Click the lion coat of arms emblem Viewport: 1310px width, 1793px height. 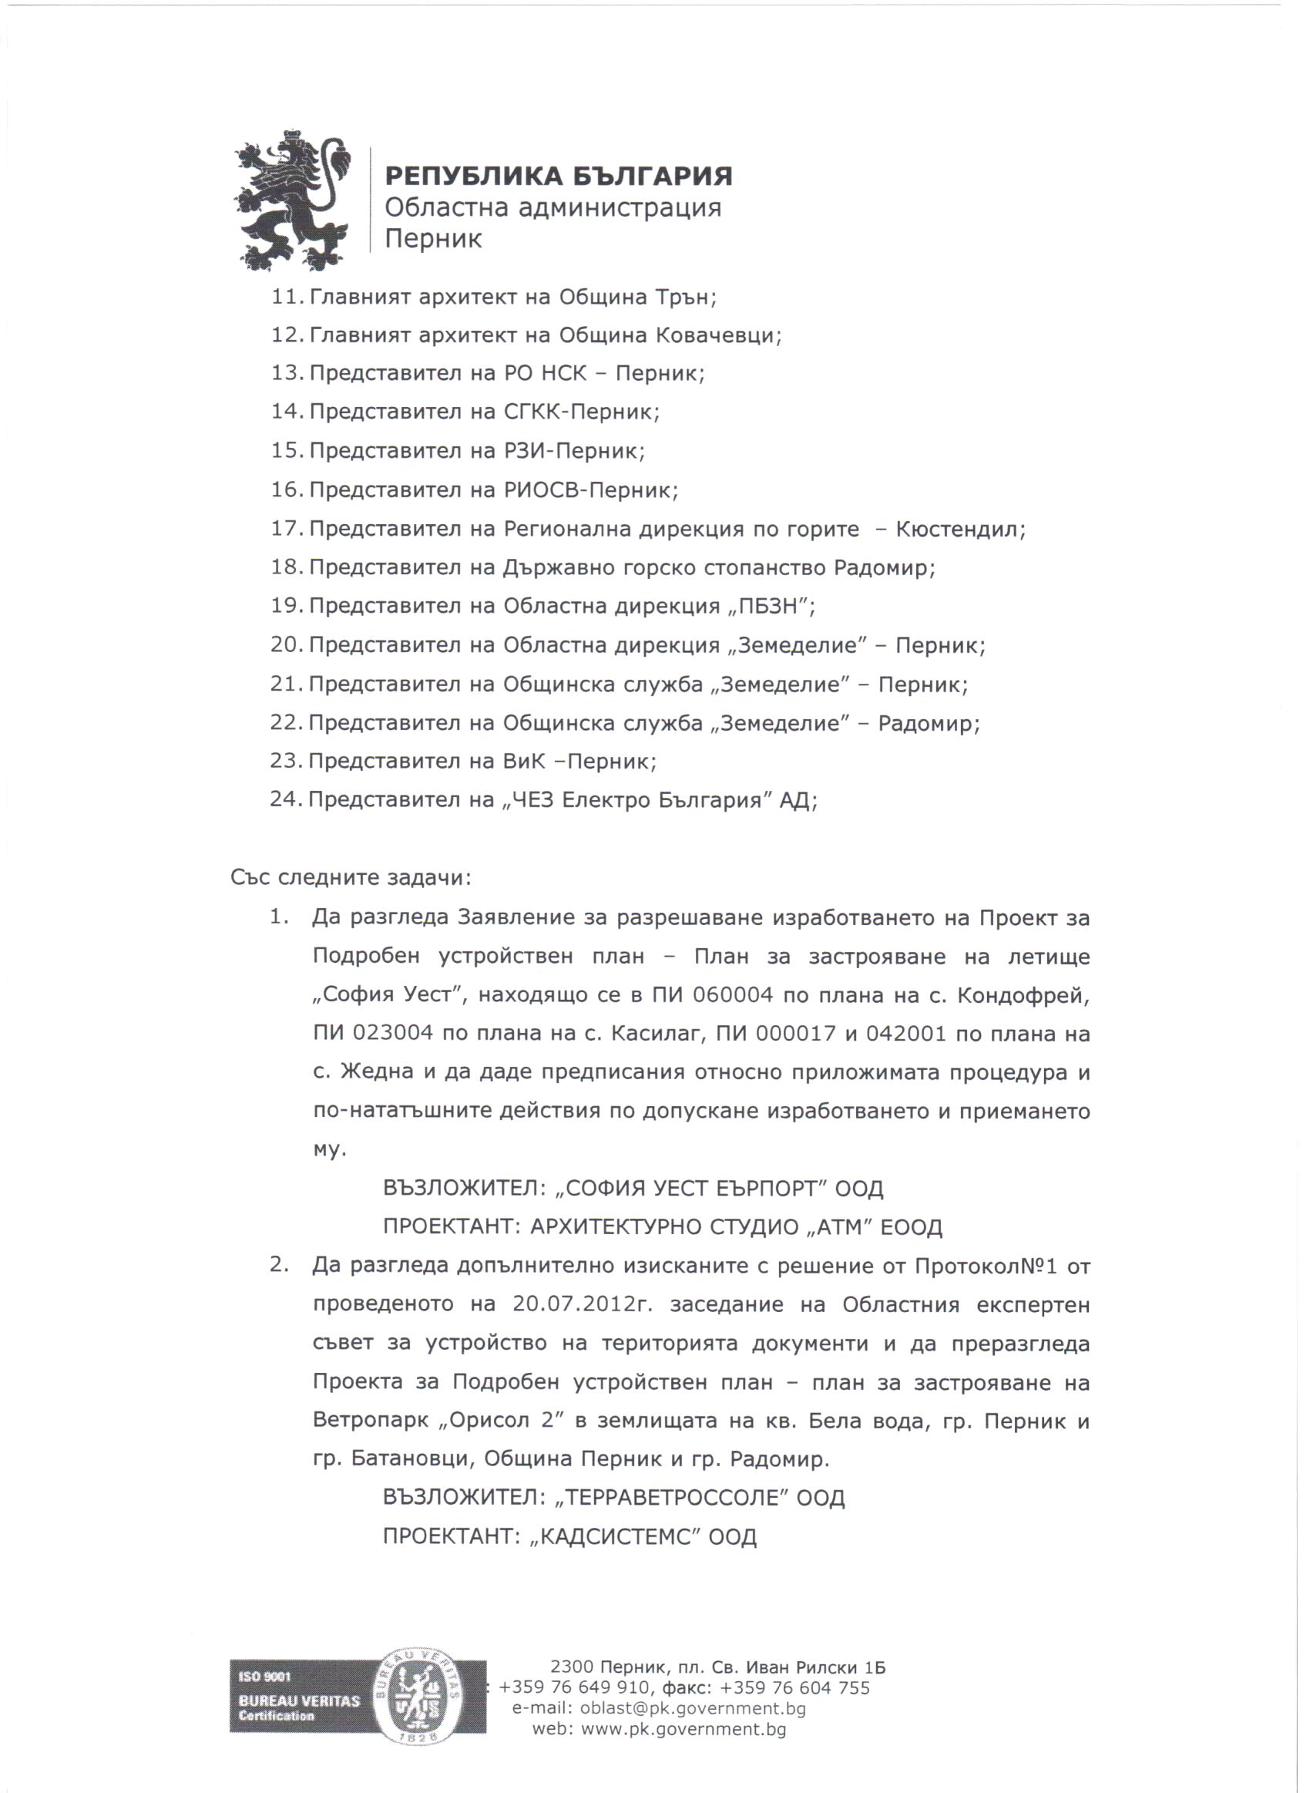coord(292,200)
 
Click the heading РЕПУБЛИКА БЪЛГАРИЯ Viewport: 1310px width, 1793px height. coord(558,175)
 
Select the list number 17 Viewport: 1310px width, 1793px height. coord(285,528)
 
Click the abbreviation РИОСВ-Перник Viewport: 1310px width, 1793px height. coord(591,490)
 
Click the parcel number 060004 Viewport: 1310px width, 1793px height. coord(732,994)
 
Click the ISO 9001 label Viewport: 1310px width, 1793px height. coord(265,1677)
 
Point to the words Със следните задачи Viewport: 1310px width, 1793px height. coord(351,878)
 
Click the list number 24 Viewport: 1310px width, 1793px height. coord(284,799)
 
